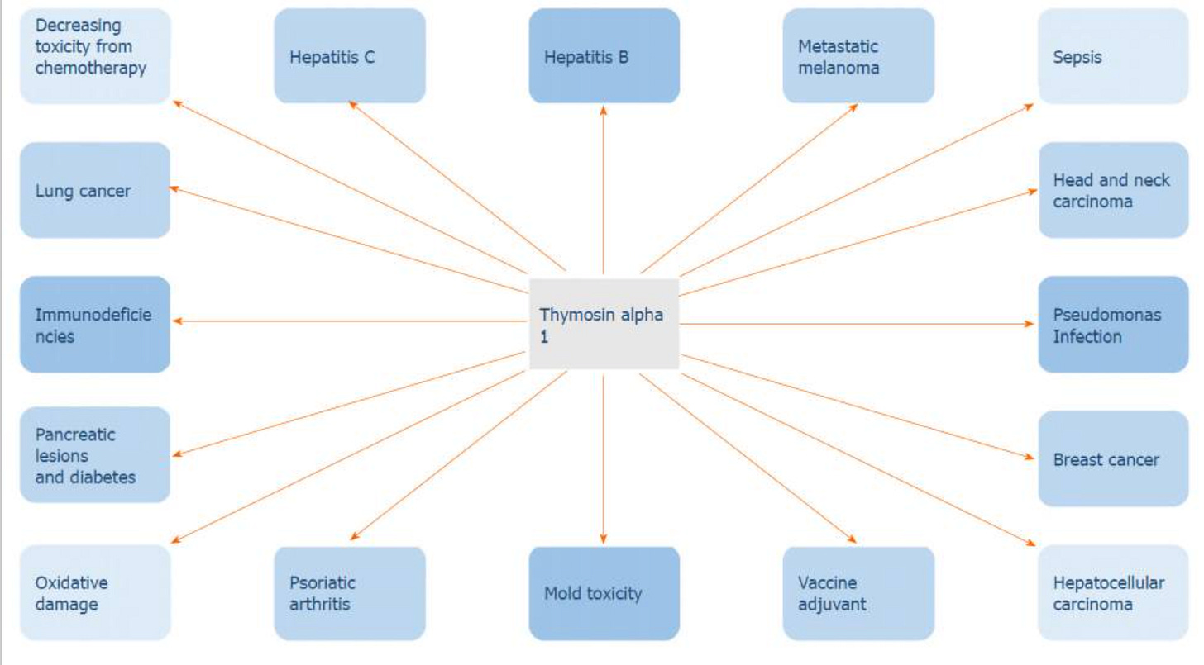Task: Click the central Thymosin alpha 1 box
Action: [604, 324]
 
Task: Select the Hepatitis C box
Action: [350, 56]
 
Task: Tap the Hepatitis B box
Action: [604, 56]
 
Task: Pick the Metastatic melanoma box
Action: [858, 56]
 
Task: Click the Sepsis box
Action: [1113, 56]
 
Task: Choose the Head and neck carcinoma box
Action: [1113, 190]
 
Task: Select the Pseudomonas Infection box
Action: [1113, 324]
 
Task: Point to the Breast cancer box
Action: [1113, 458]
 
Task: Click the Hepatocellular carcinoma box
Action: [1113, 592]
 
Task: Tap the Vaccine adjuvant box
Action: [858, 592]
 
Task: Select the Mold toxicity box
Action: [604, 592]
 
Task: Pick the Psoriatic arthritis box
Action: [350, 592]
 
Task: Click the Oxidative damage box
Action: [95, 592]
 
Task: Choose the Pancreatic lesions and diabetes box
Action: [95, 454]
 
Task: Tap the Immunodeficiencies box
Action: [95, 324]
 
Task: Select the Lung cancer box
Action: [95, 190]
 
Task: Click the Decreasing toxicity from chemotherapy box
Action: [95, 56]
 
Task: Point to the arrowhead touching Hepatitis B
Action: [604, 109]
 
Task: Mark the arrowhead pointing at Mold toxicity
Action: [604, 539]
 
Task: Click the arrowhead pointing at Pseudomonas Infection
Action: [1031, 324]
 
